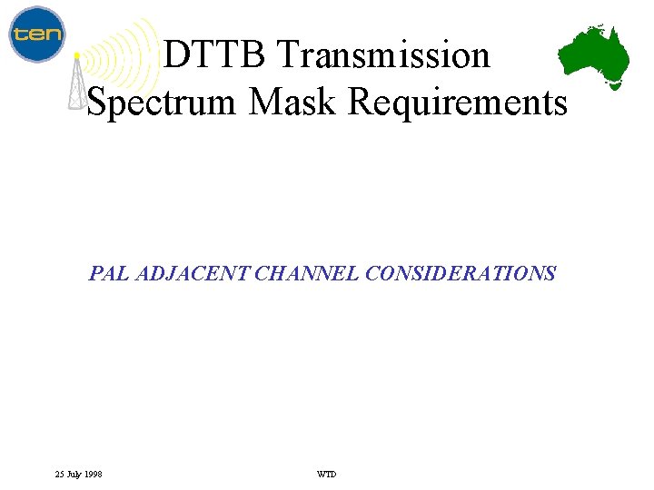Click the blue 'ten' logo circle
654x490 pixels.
36,34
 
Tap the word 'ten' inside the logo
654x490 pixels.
36,35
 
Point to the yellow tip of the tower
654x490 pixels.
77,56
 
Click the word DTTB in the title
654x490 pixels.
215,55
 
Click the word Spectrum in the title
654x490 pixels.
163,102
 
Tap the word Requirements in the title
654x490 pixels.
457,102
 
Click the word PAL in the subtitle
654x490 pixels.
109,273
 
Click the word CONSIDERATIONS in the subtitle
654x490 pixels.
461,273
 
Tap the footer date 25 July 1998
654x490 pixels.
78,474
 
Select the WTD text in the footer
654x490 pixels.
326,474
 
